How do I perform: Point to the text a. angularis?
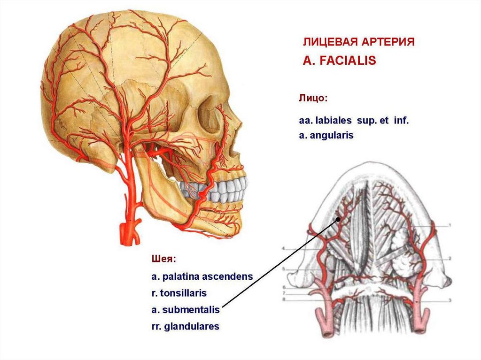pyautogui.click(x=326, y=135)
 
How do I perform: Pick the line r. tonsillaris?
pyautogui.click(x=178, y=293)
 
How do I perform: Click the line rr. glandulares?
pyautogui.click(x=185, y=326)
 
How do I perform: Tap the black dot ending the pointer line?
pyautogui.click(x=337, y=219)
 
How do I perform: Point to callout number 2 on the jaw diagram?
pyautogui.click(x=450, y=258)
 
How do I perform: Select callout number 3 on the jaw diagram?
pyautogui.click(x=450, y=299)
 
